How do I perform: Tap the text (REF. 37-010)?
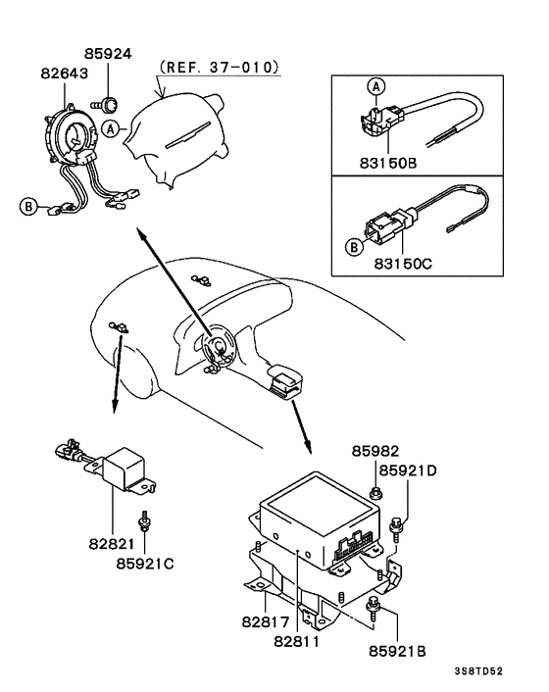pyautogui.click(x=218, y=68)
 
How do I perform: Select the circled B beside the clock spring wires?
pyautogui.click(x=28, y=206)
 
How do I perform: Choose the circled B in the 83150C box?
pyautogui.click(x=352, y=247)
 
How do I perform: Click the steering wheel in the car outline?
pyautogui.click(x=214, y=349)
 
